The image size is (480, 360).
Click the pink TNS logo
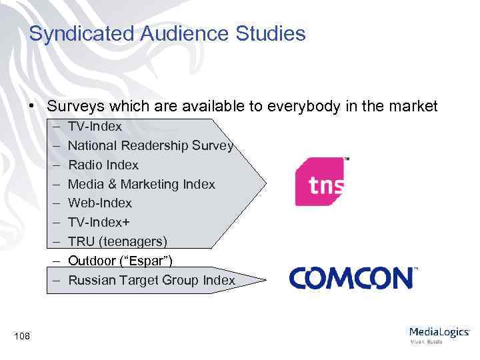click(x=321, y=182)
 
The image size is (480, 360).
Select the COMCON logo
click(x=353, y=277)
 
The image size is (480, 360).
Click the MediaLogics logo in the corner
click(x=439, y=334)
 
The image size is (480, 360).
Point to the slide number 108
click(x=21, y=336)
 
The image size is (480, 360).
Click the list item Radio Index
click(x=103, y=165)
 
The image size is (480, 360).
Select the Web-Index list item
click(x=100, y=203)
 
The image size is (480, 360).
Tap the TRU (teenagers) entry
click(x=117, y=241)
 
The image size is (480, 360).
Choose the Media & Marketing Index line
click(x=141, y=184)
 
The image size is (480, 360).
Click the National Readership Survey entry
click(x=150, y=145)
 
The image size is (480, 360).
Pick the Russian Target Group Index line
click(x=151, y=280)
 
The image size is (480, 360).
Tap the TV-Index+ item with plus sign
click(x=99, y=222)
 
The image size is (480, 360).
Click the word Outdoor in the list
click(x=90, y=260)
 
